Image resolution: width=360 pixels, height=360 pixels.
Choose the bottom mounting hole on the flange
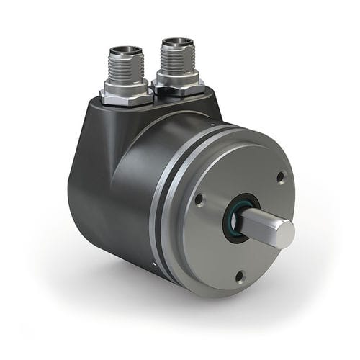click(240, 274)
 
